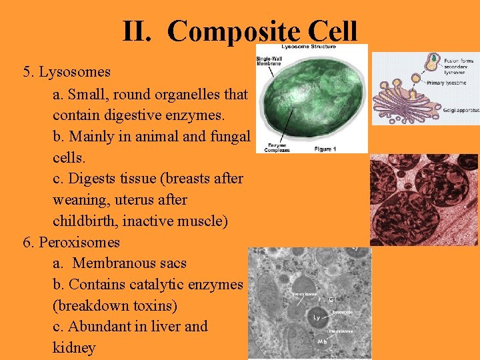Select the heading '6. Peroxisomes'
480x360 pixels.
71,242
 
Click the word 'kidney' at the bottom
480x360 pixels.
74,348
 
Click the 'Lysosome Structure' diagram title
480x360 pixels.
308,47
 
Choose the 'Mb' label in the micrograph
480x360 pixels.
323,341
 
